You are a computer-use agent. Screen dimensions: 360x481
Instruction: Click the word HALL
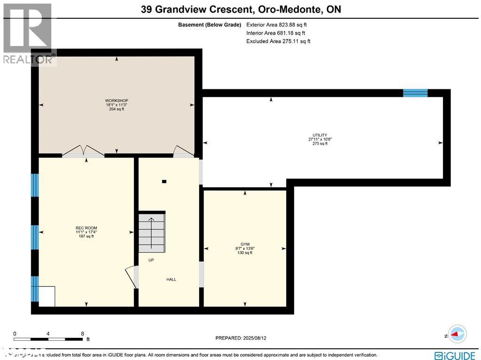[x=171, y=280]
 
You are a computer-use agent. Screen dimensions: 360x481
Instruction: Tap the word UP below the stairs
[x=151, y=260]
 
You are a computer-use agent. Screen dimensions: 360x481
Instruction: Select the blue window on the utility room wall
[x=415, y=93]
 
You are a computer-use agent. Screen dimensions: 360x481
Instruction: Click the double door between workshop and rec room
[x=83, y=151]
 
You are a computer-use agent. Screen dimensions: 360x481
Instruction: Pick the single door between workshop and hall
[x=183, y=151]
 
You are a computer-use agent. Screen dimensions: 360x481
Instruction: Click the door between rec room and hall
[x=132, y=277]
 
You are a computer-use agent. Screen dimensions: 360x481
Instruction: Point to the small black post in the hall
[x=163, y=181]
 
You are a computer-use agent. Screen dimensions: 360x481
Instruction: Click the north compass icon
[x=457, y=335]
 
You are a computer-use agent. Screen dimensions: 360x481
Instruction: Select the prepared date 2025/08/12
[x=244, y=338]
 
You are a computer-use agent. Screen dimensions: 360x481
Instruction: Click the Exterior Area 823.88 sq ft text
[x=277, y=25]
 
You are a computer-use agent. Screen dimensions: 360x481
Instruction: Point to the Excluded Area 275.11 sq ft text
[x=278, y=41]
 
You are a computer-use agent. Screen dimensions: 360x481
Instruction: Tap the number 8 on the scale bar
[x=83, y=333]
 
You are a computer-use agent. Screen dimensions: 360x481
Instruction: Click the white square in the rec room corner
[x=47, y=296]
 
